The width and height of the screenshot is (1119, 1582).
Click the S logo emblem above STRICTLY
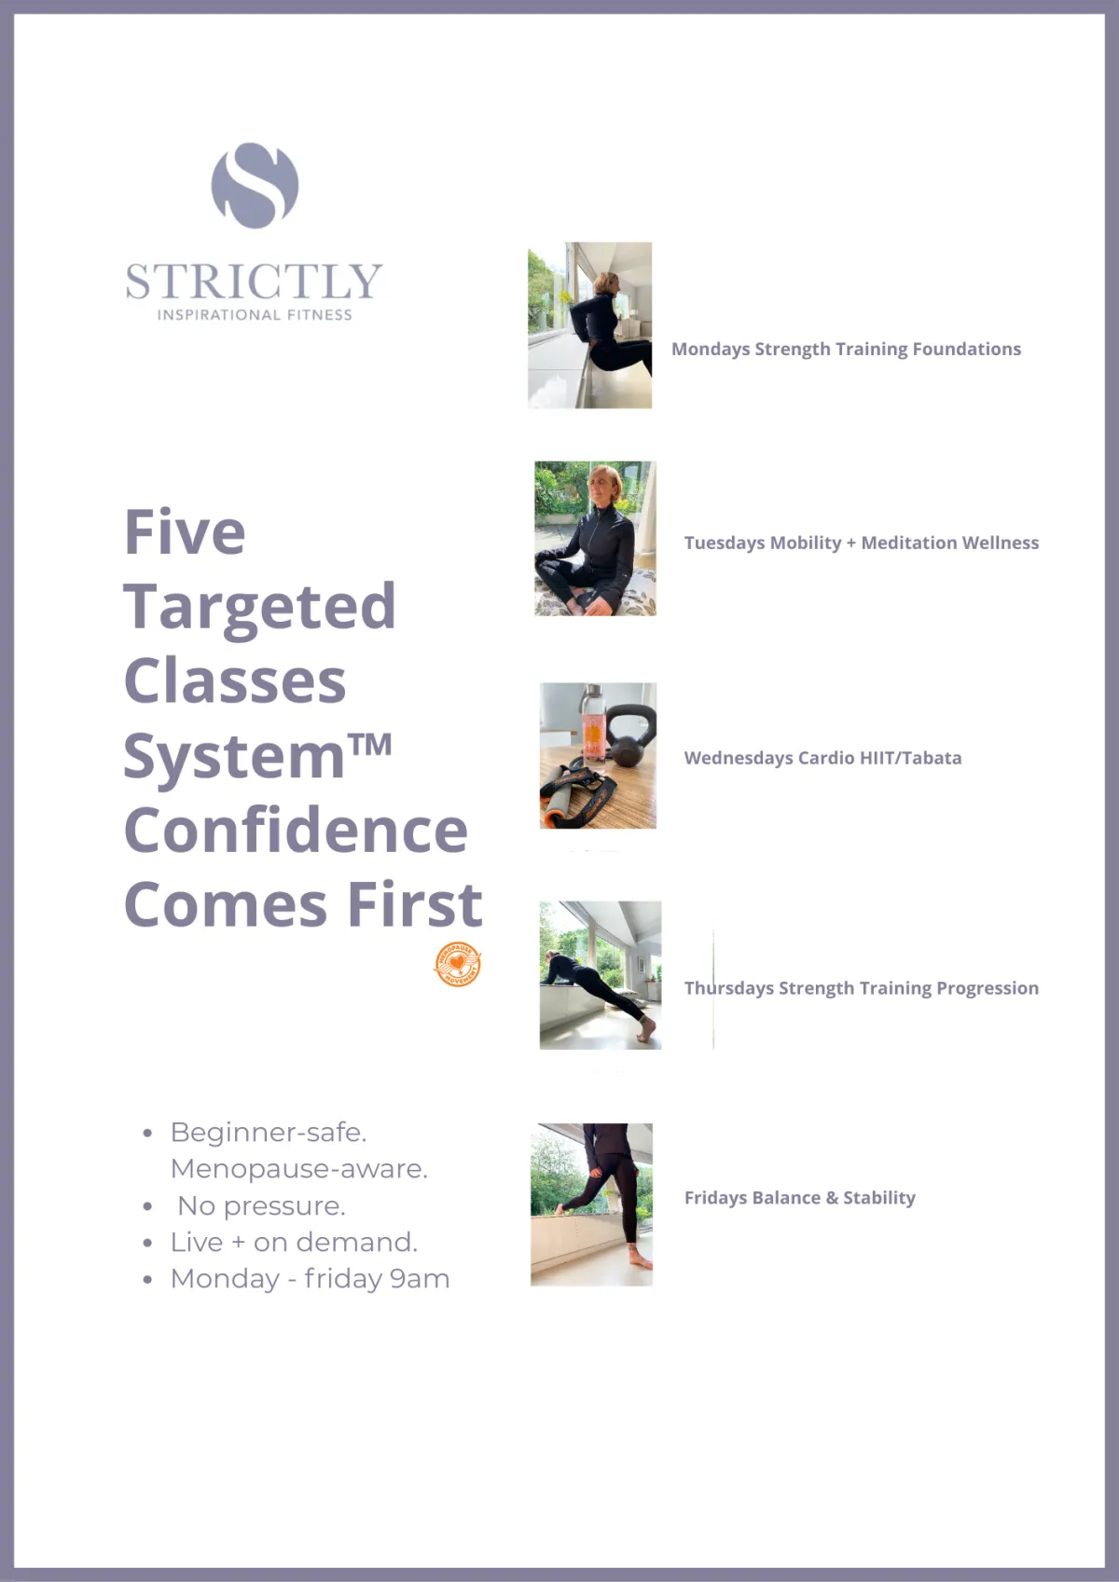255,186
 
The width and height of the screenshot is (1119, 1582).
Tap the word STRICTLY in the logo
255,282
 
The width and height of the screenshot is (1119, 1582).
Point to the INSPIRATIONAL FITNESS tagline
255,315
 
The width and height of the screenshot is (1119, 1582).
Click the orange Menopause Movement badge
458,964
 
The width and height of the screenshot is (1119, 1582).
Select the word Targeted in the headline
260,608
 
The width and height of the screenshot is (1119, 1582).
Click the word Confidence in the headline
296,831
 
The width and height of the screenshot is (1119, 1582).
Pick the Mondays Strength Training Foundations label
847,349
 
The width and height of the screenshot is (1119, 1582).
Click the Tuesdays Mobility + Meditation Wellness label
862,543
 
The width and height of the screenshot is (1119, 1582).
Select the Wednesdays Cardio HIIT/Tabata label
823,758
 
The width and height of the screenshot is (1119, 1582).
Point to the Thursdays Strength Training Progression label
862,988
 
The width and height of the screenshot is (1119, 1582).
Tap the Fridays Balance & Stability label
800,1198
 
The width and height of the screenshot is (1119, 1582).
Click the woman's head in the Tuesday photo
605,485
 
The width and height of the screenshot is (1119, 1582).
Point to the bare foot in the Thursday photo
645,1031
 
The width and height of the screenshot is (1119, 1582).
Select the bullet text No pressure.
261,1206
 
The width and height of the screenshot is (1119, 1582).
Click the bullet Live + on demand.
295,1243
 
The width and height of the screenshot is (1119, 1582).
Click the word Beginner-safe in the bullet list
269,1133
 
